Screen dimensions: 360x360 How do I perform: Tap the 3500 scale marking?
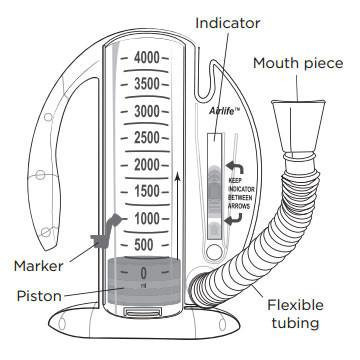pyautogui.click(x=147, y=83)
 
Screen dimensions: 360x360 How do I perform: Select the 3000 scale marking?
pyautogui.click(x=147, y=110)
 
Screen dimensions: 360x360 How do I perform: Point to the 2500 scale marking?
pyautogui.click(x=147, y=137)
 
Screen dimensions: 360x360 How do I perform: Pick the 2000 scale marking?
pyautogui.click(x=147, y=164)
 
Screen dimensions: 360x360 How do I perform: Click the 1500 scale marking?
pyautogui.click(x=147, y=191)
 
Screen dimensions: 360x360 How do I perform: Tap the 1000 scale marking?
pyautogui.click(x=147, y=218)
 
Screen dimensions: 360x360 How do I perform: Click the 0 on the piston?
pyautogui.click(x=145, y=272)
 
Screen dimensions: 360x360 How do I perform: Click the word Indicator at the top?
pyautogui.click(x=229, y=21)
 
